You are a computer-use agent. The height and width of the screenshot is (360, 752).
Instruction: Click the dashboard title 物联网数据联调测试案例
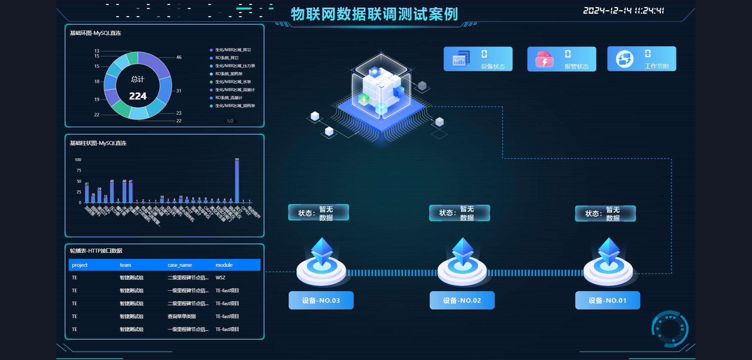(x=374, y=14)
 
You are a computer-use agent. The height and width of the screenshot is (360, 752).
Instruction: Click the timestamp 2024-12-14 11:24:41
(x=624, y=11)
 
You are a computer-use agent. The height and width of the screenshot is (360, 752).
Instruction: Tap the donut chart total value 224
(x=138, y=96)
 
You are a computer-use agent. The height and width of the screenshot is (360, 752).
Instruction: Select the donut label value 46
(x=179, y=57)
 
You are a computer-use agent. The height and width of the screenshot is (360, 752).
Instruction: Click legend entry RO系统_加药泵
(x=229, y=74)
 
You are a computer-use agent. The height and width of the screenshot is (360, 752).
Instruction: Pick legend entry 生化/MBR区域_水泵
(x=233, y=82)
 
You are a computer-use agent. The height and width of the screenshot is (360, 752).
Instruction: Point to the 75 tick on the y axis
(x=79, y=170)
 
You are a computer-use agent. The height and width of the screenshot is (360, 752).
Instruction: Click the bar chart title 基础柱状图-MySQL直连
(x=98, y=143)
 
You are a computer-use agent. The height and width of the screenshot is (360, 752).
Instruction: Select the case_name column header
(x=180, y=265)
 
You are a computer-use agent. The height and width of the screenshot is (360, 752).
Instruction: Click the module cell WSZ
(x=221, y=278)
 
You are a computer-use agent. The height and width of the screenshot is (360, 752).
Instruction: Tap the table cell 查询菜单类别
(x=182, y=317)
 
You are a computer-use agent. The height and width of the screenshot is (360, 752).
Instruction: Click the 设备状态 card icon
(x=461, y=59)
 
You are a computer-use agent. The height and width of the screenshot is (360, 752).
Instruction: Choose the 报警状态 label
(x=577, y=67)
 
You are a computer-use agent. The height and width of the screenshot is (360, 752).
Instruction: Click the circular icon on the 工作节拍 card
(x=624, y=59)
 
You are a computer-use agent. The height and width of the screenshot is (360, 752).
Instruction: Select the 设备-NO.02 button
(x=462, y=300)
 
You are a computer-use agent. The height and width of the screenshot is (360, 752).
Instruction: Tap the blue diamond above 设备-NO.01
(x=609, y=251)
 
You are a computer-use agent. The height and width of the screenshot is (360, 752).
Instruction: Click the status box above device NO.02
(x=459, y=213)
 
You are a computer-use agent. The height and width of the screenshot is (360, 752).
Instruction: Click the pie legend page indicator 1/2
(x=230, y=121)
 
